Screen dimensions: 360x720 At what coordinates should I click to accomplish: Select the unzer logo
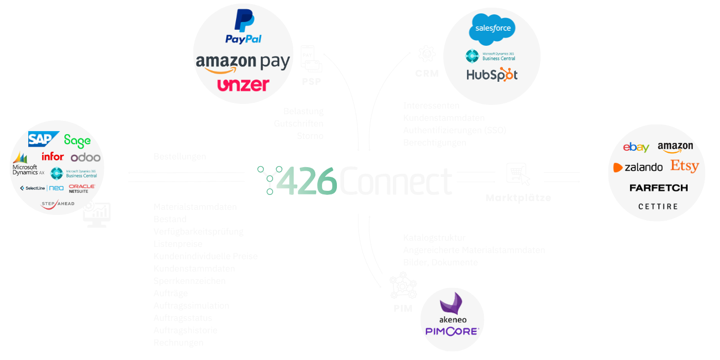243,85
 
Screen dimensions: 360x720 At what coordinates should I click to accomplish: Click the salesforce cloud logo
492,29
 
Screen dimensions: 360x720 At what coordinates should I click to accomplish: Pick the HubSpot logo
492,75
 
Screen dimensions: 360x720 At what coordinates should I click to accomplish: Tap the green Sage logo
77,140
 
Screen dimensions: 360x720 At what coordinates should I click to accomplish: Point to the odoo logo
85,157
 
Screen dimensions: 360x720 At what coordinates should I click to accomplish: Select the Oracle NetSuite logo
82,189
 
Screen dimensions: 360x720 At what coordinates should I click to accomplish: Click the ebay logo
636,148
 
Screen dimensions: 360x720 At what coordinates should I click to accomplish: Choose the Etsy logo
685,166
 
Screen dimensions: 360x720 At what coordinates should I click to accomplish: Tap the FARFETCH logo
658,188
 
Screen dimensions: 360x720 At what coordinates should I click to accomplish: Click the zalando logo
638,167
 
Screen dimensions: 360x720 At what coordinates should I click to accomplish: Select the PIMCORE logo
452,331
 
